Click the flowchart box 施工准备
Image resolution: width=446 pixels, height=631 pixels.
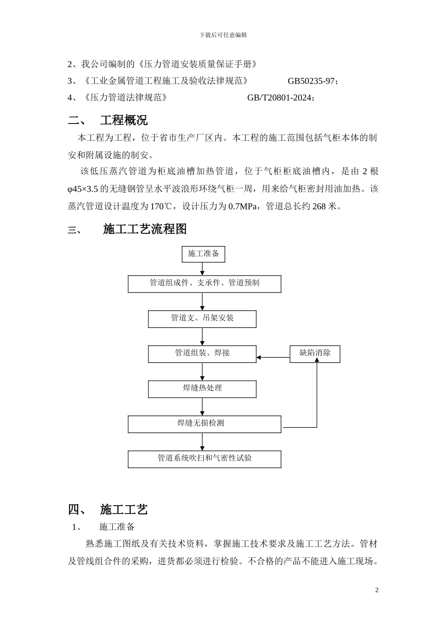click(203, 254)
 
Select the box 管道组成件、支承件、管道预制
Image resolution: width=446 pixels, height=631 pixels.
click(204, 284)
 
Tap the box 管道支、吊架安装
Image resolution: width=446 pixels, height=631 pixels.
click(202, 319)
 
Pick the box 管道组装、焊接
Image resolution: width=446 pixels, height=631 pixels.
click(202, 354)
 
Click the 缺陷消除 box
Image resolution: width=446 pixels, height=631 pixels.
click(315, 354)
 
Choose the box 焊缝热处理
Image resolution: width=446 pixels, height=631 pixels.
click(202, 389)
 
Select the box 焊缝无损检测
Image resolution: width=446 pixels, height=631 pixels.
click(204, 424)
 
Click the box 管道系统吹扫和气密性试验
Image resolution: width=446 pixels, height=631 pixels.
click(204, 459)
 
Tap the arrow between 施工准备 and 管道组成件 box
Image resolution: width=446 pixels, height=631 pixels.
click(202, 269)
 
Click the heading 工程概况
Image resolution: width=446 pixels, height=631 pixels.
click(123, 120)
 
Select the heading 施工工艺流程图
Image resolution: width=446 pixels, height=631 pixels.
click(145, 229)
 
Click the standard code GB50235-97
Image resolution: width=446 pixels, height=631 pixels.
click(311, 81)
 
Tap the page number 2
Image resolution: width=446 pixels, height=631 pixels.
click(377, 590)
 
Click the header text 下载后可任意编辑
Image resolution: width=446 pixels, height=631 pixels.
click(223, 35)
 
